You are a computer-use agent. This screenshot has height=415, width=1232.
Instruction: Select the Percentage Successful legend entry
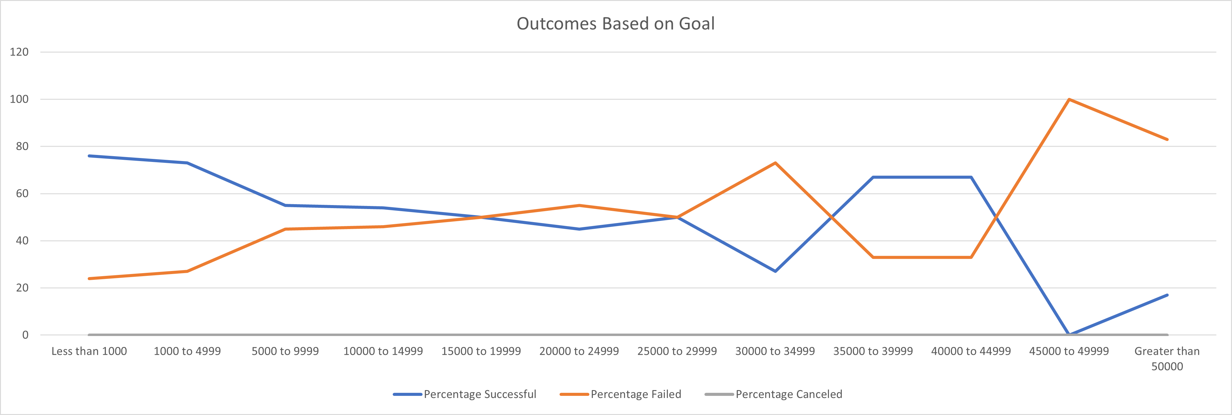click(480, 394)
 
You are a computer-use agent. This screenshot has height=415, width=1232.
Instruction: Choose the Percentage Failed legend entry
click(636, 394)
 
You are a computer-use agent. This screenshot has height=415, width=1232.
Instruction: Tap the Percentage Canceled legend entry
click(789, 394)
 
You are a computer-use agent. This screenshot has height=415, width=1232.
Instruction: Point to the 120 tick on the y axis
click(19, 52)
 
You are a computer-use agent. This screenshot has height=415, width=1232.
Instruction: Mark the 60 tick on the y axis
click(22, 194)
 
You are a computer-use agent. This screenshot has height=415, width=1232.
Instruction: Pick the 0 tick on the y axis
click(25, 335)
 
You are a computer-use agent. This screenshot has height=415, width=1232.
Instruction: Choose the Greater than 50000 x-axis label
click(1167, 359)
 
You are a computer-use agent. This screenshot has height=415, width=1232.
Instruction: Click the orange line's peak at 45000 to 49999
click(1069, 99)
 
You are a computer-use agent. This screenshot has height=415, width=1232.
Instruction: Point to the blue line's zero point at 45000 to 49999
click(1069, 334)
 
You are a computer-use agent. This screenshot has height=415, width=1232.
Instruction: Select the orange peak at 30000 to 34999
click(775, 163)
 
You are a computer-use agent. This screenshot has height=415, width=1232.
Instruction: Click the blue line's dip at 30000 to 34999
click(775, 271)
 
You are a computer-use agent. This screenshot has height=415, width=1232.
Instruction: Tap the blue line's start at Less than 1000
click(89, 156)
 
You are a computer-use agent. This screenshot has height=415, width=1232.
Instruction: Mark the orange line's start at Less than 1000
click(89, 278)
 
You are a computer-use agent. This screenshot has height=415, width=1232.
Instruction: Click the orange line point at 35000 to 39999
click(873, 257)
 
